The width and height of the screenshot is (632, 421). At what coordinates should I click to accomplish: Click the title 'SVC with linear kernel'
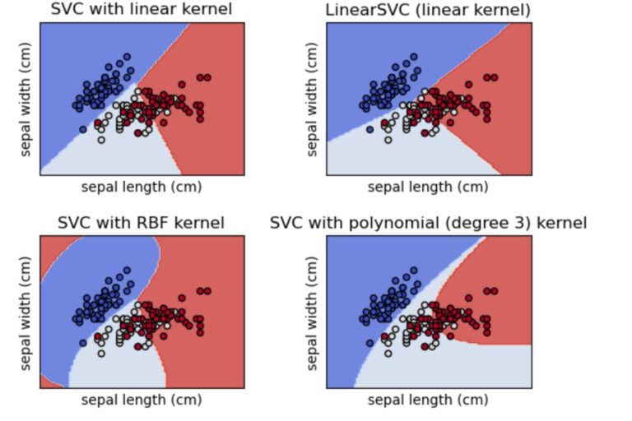click(142, 10)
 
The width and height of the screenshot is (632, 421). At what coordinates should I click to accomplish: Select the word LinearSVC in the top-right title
click(374, 10)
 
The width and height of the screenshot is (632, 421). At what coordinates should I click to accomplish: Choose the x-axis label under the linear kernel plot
click(142, 186)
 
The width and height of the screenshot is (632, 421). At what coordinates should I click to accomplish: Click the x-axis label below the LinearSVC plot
click(428, 186)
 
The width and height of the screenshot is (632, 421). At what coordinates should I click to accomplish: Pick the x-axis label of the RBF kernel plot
click(142, 400)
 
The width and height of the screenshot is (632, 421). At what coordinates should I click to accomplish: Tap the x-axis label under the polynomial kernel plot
click(428, 400)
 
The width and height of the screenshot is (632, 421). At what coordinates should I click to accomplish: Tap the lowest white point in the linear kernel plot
click(101, 140)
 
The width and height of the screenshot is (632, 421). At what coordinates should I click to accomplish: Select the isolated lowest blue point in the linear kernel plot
click(82, 129)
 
